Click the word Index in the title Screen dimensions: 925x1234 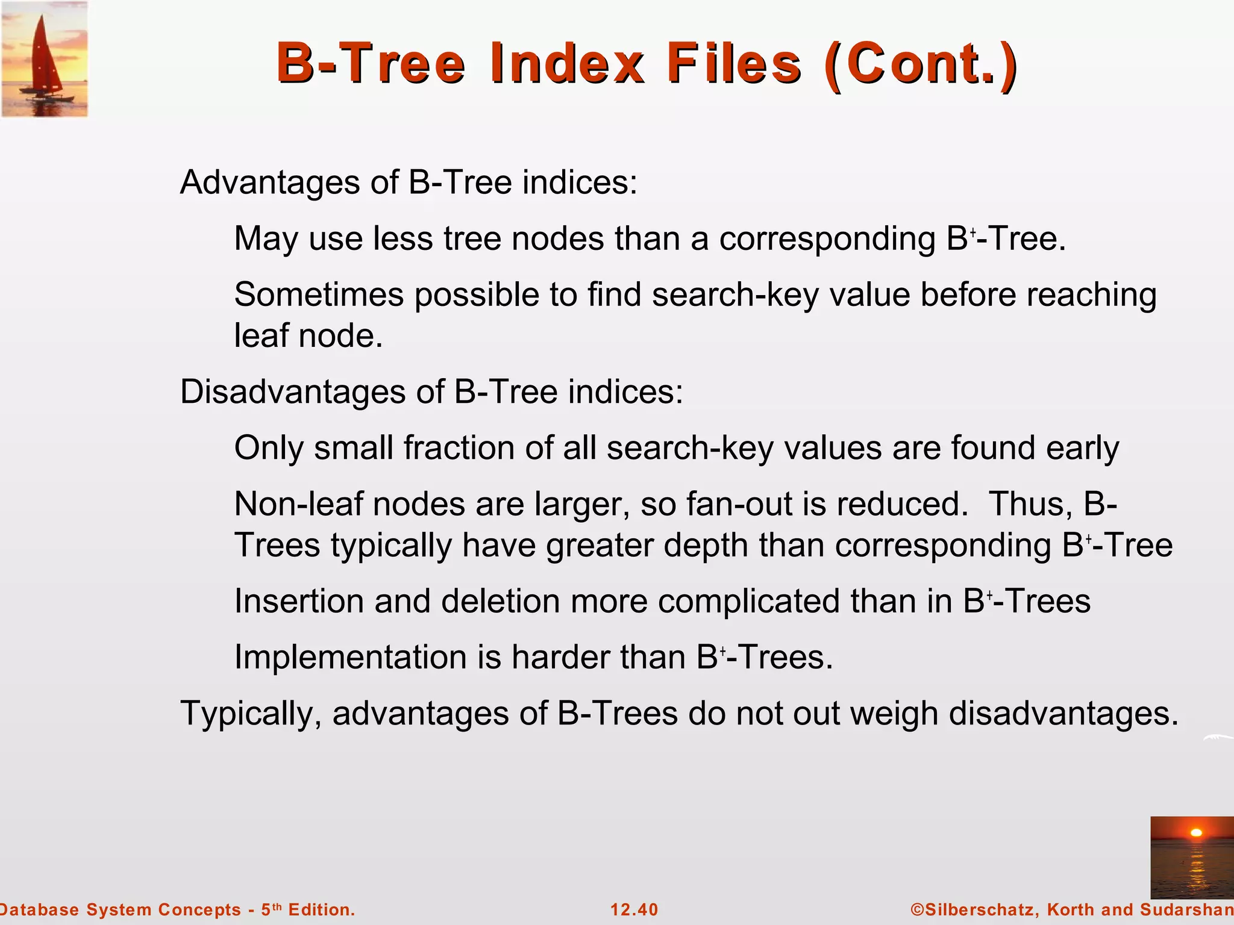(x=566, y=63)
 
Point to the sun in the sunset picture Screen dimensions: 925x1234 (x=1197, y=833)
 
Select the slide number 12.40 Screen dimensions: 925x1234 (x=634, y=910)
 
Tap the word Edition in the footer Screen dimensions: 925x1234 (x=321, y=910)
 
